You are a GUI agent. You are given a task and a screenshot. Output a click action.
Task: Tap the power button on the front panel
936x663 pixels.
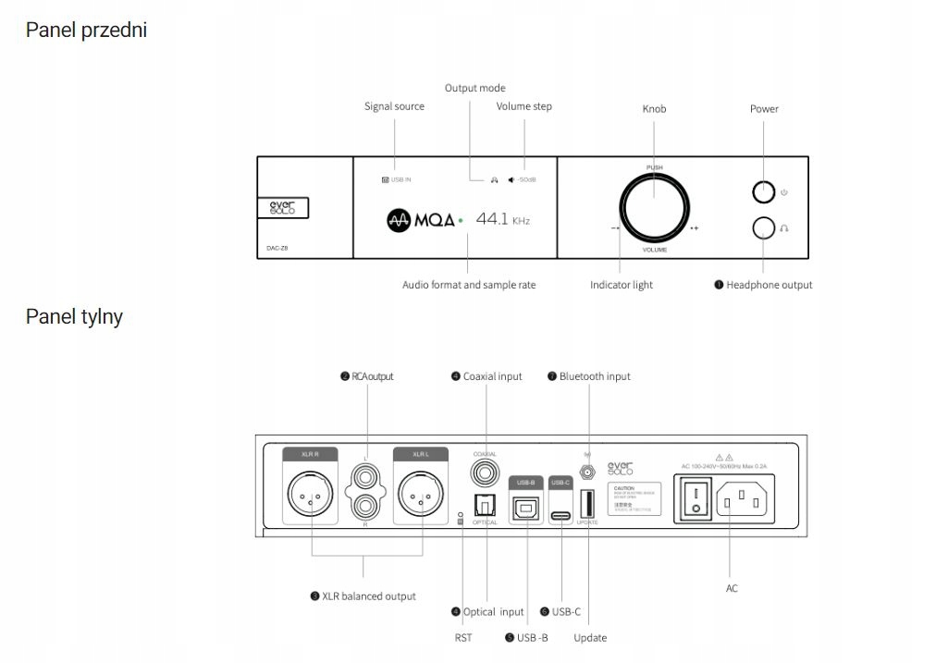(763, 192)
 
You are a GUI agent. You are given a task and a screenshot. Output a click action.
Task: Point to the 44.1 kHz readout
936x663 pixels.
(502, 220)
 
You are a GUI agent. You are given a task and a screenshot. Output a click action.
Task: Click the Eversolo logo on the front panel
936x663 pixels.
(282, 208)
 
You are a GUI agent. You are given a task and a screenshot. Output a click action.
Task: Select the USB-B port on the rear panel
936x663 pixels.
(526, 506)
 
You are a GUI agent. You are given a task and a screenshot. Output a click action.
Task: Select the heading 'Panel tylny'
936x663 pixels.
(74, 316)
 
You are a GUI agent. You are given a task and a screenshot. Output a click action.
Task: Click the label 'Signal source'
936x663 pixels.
(394, 106)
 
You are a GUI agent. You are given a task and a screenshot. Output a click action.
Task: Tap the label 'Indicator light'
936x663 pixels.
(621, 285)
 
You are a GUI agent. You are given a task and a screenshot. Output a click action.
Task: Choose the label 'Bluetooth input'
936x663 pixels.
(594, 376)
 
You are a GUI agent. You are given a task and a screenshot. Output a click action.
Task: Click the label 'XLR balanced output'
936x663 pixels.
(368, 596)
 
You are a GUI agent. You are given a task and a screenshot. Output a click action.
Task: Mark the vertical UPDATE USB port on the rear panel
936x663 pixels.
(587, 504)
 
